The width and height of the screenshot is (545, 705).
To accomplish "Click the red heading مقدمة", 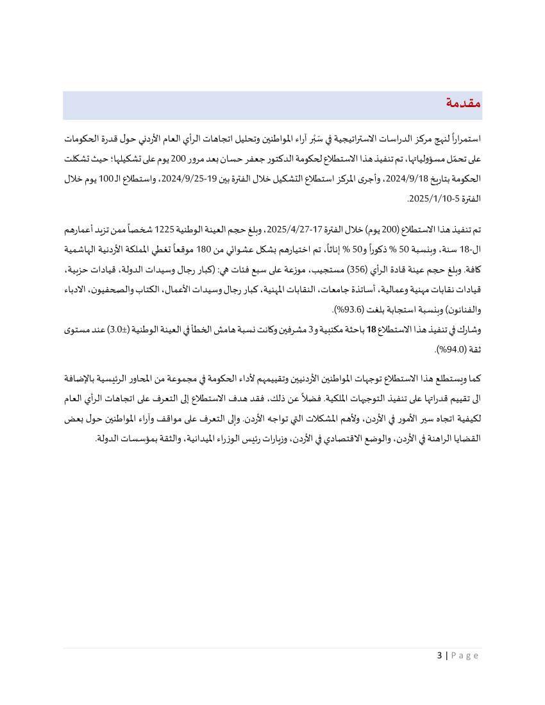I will (x=463, y=103).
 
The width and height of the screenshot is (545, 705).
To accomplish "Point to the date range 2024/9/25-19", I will (x=185, y=179).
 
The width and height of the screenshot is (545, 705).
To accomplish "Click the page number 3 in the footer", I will (x=440, y=655).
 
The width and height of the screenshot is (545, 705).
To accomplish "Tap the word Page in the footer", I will (x=465, y=655).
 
